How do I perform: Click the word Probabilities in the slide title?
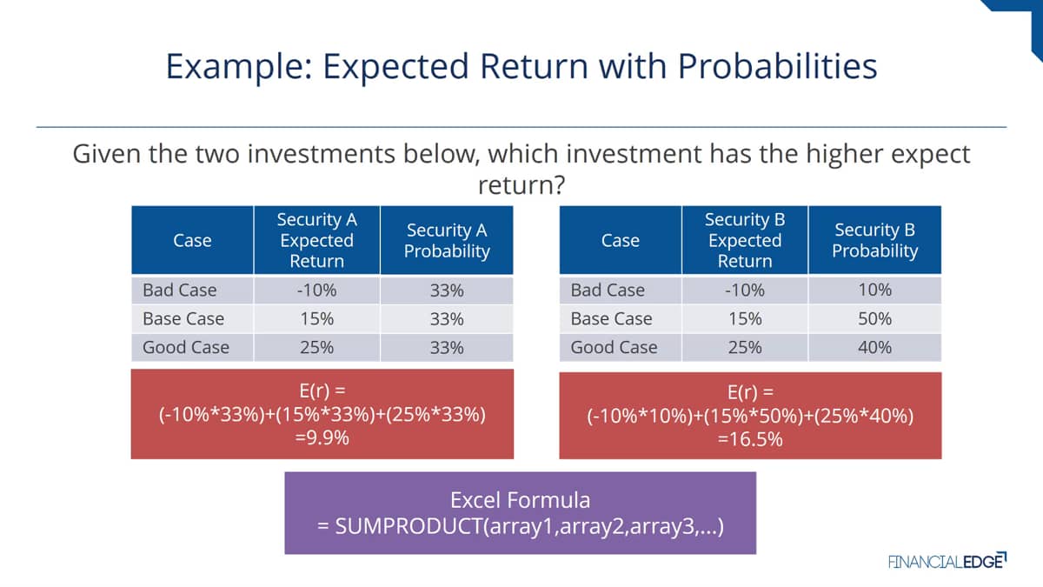[777, 67]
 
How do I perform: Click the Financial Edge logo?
[947, 562]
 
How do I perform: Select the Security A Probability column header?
[447, 240]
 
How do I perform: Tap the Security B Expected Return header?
[745, 240]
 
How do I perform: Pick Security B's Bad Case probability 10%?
[874, 290]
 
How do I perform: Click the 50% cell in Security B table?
[874, 318]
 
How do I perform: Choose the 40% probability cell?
[874, 347]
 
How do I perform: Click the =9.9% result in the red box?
[322, 438]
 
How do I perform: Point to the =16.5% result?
[750, 439]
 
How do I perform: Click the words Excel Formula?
[520, 500]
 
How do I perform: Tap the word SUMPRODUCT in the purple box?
[409, 526]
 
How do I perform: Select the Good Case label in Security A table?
[186, 348]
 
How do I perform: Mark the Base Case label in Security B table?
[611, 318]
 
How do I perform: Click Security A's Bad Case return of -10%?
[316, 290]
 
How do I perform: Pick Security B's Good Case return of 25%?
[745, 348]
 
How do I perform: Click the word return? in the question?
[521, 185]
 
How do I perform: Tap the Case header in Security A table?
[192, 240]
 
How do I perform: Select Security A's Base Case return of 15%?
[316, 319]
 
